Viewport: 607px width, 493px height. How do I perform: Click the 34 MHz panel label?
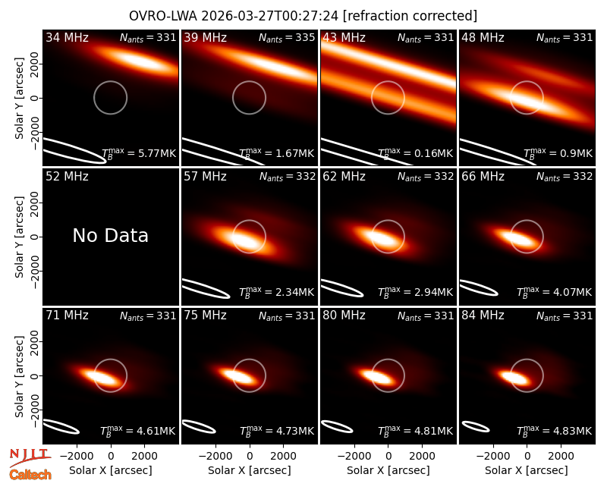(x=67, y=37)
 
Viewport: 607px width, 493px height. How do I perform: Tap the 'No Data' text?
(x=110, y=235)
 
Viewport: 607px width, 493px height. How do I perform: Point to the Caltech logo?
(x=30, y=475)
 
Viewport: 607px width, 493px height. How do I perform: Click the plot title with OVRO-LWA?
(x=303, y=16)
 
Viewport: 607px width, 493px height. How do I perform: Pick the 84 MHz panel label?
(x=483, y=316)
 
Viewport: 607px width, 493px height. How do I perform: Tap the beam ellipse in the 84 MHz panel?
(x=476, y=426)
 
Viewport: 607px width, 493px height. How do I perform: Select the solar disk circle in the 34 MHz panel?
(x=110, y=81)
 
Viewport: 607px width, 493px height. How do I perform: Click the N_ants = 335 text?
(x=287, y=37)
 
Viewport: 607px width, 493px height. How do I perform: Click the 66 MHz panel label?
(x=483, y=177)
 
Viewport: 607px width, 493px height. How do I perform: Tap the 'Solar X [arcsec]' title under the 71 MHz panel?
(x=111, y=470)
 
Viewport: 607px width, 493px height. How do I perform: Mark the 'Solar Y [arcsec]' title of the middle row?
(x=20, y=237)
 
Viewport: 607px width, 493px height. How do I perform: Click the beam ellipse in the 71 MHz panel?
(x=61, y=426)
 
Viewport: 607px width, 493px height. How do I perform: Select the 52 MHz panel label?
(x=67, y=177)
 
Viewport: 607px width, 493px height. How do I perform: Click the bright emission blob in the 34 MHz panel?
(x=135, y=60)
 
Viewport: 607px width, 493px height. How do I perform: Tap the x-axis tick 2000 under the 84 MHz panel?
(x=561, y=456)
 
